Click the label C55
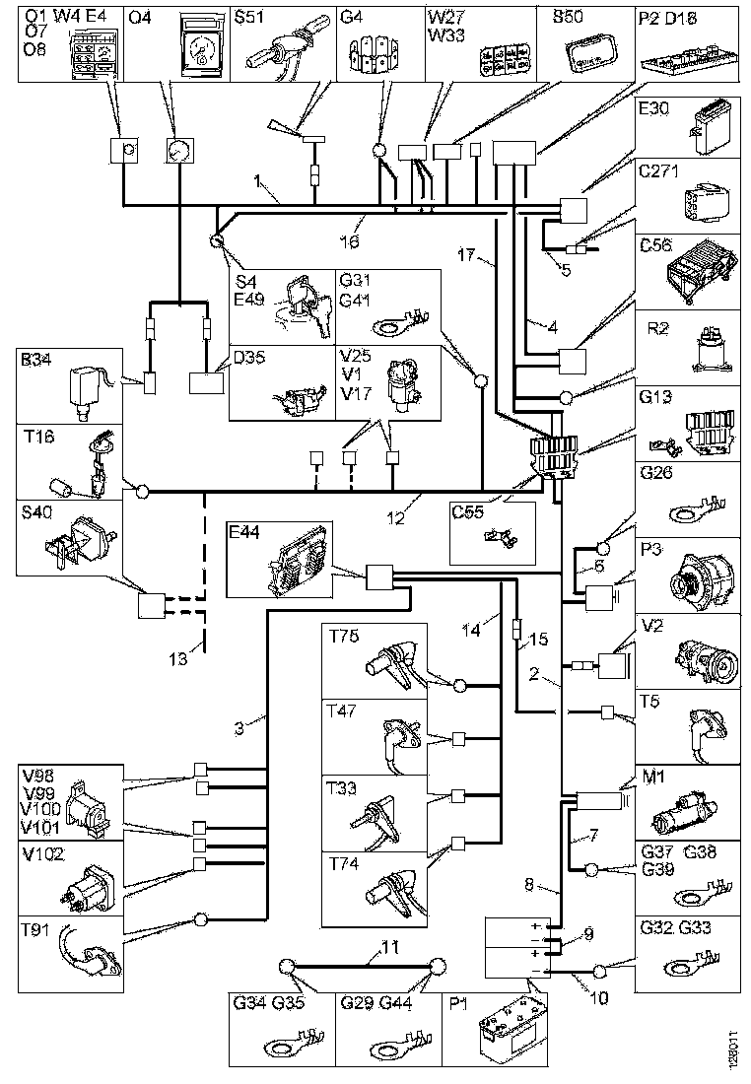click(464, 513)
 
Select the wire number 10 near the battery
click(598, 997)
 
